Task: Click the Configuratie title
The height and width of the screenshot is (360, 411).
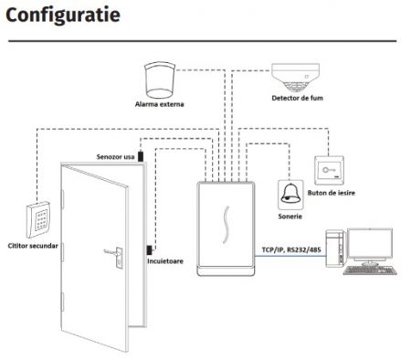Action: coord(63,16)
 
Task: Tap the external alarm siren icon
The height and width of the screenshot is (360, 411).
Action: coord(160,79)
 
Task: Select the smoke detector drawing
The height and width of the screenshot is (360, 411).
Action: coord(295,77)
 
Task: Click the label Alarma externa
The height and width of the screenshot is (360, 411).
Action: coord(160,104)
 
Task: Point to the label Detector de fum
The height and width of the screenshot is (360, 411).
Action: coord(297,98)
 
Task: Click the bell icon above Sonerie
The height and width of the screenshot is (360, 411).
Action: coord(290,195)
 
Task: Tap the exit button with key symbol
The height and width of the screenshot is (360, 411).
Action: coord(329,170)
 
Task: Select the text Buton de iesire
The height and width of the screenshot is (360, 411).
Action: coord(332,193)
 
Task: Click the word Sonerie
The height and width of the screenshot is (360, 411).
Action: coord(290,217)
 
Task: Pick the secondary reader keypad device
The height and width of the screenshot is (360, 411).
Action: coord(38,219)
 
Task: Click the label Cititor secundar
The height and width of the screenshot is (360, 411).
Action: coord(33,246)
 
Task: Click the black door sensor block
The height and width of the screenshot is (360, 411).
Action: coord(141,156)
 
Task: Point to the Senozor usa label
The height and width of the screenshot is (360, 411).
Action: coord(115,157)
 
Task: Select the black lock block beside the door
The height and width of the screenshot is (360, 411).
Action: coord(150,249)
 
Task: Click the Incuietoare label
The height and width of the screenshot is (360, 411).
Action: coord(165,261)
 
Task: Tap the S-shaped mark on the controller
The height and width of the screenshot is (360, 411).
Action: coord(226,225)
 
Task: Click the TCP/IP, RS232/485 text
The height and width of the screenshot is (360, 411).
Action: coord(291,249)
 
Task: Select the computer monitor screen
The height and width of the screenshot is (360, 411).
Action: coord(370,244)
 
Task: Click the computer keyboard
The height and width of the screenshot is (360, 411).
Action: coord(370,270)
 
